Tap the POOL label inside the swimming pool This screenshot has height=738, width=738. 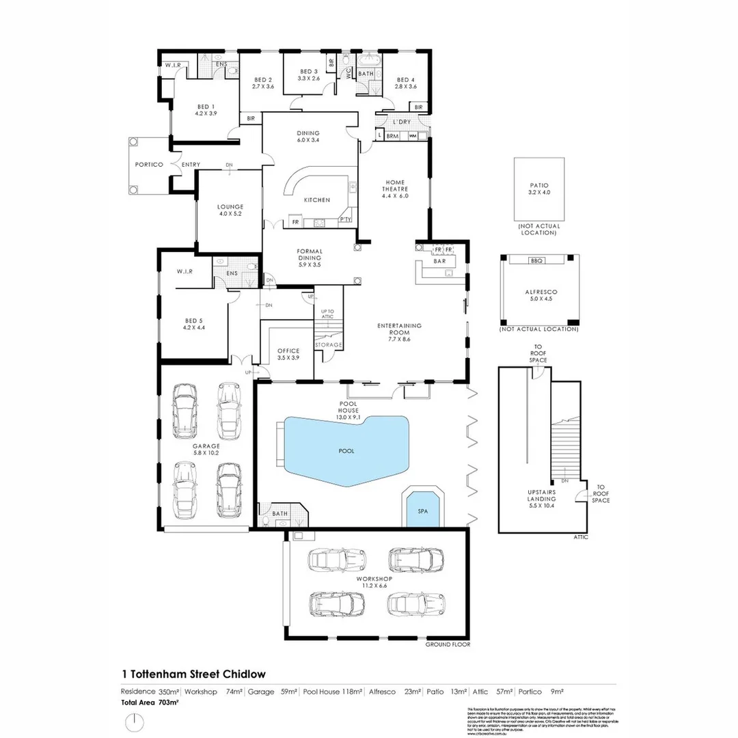pyautogui.click(x=346, y=451)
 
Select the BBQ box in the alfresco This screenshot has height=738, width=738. pyautogui.click(x=534, y=260)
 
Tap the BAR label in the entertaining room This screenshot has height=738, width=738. pyautogui.click(x=440, y=261)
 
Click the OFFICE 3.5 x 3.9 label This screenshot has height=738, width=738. pyautogui.click(x=288, y=354)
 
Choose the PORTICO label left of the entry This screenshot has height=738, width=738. pyautogui.click(x=148, y=165)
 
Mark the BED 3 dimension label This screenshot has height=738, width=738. pyautogui.click(x=308, y=75)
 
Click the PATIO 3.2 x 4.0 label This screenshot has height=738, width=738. pyautogui.click(x=539, y=189)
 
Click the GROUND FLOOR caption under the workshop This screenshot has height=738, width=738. pyautogui.click(x=448, y=644)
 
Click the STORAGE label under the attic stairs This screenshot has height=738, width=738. pyautogui.click(x=328, y=345)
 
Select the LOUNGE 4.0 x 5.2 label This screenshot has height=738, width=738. pyautogui.click(x=230, y=210)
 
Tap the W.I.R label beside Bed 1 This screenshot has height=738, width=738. pyautogui.click(x=172, y=66)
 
